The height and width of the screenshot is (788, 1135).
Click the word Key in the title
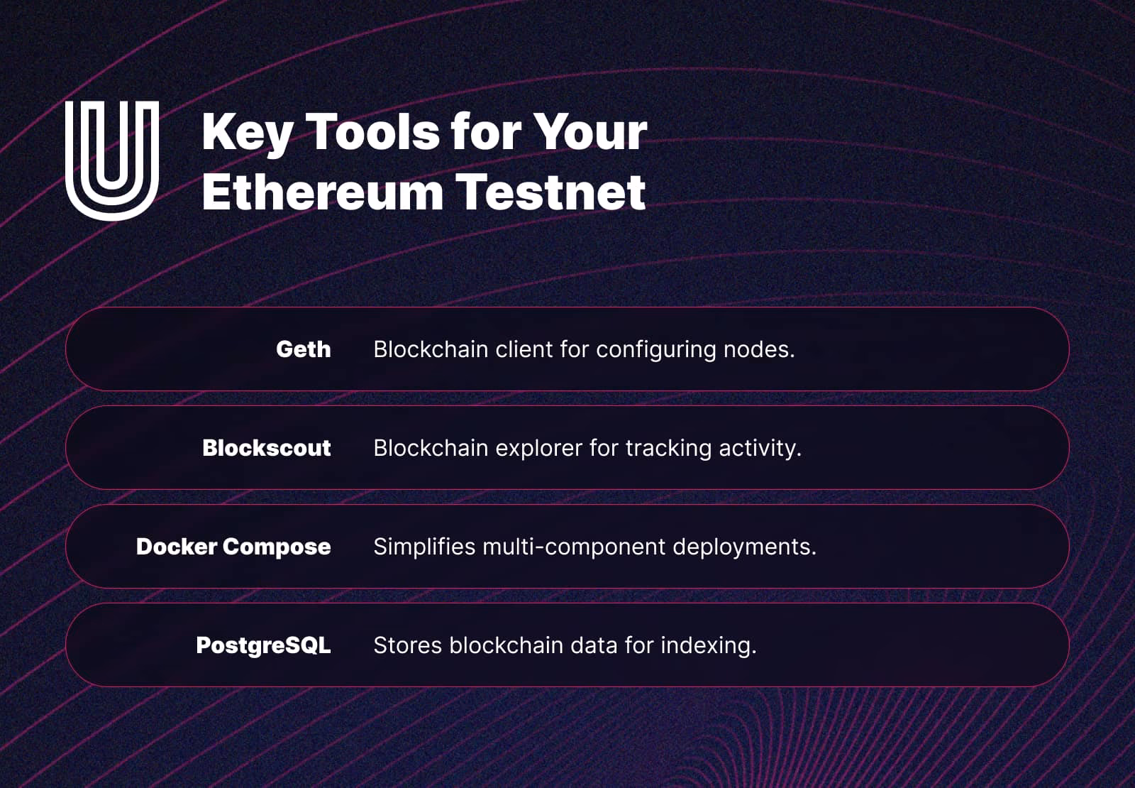[248, 133]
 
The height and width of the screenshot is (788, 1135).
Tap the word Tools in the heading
[372, 132]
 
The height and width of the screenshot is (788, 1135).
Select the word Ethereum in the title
[322, 192]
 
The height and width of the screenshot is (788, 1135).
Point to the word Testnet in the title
[550, 192]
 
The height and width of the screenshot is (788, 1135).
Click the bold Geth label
[304, 349]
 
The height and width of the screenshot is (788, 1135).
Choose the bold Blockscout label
[267, 448]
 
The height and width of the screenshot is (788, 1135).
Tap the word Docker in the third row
[177, 547]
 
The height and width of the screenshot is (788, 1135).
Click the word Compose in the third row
[277, 547]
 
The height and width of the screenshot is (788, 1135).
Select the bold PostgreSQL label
[263, 646]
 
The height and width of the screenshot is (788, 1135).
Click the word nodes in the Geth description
[759, 349]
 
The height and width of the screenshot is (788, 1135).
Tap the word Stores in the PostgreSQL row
[408, 645]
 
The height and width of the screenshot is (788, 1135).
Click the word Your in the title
[590, 132]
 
